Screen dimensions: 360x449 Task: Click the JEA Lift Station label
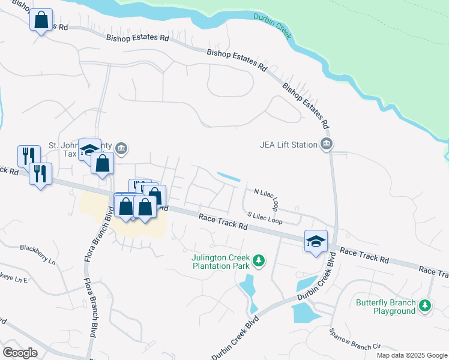click(288, 144)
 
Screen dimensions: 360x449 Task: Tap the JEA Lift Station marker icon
click(327, 143)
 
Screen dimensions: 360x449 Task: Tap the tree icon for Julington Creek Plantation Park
click(259, 260)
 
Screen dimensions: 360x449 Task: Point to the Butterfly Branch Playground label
click(385, 307)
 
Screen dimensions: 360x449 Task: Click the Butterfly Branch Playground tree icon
click(425, 305)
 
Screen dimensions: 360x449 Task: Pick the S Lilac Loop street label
click(265, 217)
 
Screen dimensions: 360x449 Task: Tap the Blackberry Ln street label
click(37, 255)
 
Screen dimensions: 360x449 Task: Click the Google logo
click(20, 352)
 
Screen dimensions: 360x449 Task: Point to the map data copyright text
click(412, 355)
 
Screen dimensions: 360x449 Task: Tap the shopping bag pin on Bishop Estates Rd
click(41, 20)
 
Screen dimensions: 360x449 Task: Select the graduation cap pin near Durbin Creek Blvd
click(316, 241)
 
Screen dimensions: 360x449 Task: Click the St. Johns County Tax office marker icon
click(121, 148)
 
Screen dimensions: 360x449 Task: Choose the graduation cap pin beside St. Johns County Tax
click(89, 150)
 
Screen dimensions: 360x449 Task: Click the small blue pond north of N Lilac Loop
click(229, 177)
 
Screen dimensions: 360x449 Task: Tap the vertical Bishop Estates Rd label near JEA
click(306, 106)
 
